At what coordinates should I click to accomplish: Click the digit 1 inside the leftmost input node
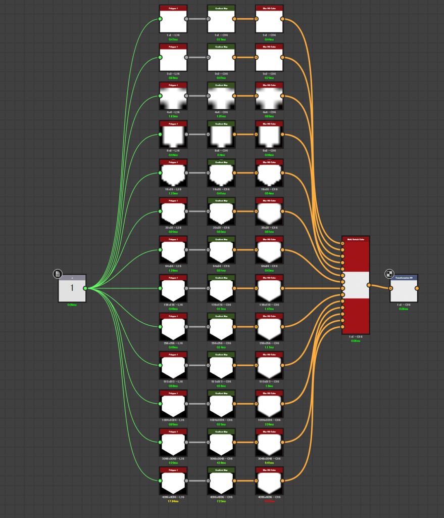72,288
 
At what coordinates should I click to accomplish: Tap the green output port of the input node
85,288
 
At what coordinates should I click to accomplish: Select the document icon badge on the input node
58,274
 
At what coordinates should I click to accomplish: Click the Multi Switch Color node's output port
369,285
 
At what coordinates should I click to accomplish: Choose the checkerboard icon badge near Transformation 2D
389,274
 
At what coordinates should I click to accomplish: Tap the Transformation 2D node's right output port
417,288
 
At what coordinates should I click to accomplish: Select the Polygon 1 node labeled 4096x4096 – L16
173,481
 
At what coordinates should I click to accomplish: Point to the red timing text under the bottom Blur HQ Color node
269,501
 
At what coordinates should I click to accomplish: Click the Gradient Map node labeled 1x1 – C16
221,19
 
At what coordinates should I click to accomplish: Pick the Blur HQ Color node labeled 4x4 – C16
269,96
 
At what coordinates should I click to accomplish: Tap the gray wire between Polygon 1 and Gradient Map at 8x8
198,135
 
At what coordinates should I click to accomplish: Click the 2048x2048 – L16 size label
173,458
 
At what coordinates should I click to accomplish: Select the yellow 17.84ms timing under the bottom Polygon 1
173,501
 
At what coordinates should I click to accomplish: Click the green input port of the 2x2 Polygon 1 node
160,58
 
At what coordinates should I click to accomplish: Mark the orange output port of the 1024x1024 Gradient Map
234,404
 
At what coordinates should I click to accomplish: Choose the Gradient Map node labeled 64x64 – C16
221,250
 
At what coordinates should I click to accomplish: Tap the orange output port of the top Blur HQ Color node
282,19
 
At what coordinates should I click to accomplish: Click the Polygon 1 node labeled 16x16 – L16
173,173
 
